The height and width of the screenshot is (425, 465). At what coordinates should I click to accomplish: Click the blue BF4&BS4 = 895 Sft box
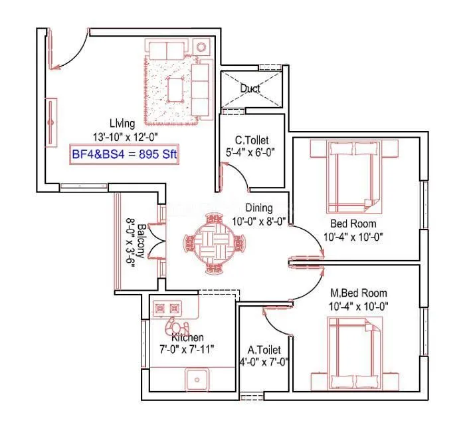click(x=124, y=155)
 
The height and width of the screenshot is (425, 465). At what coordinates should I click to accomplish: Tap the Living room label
click(x=123, y=123)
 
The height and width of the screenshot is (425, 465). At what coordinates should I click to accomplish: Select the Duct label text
click(x=250, y=88)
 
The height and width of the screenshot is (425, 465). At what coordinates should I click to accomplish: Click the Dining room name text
click(x=258, y=208)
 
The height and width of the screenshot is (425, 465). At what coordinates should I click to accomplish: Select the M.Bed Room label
click(x=359, y=293)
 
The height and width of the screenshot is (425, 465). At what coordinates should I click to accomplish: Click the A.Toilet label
click(x=264, y=350)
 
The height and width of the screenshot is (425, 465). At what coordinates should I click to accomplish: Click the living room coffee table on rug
click(x=176, y=87)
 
